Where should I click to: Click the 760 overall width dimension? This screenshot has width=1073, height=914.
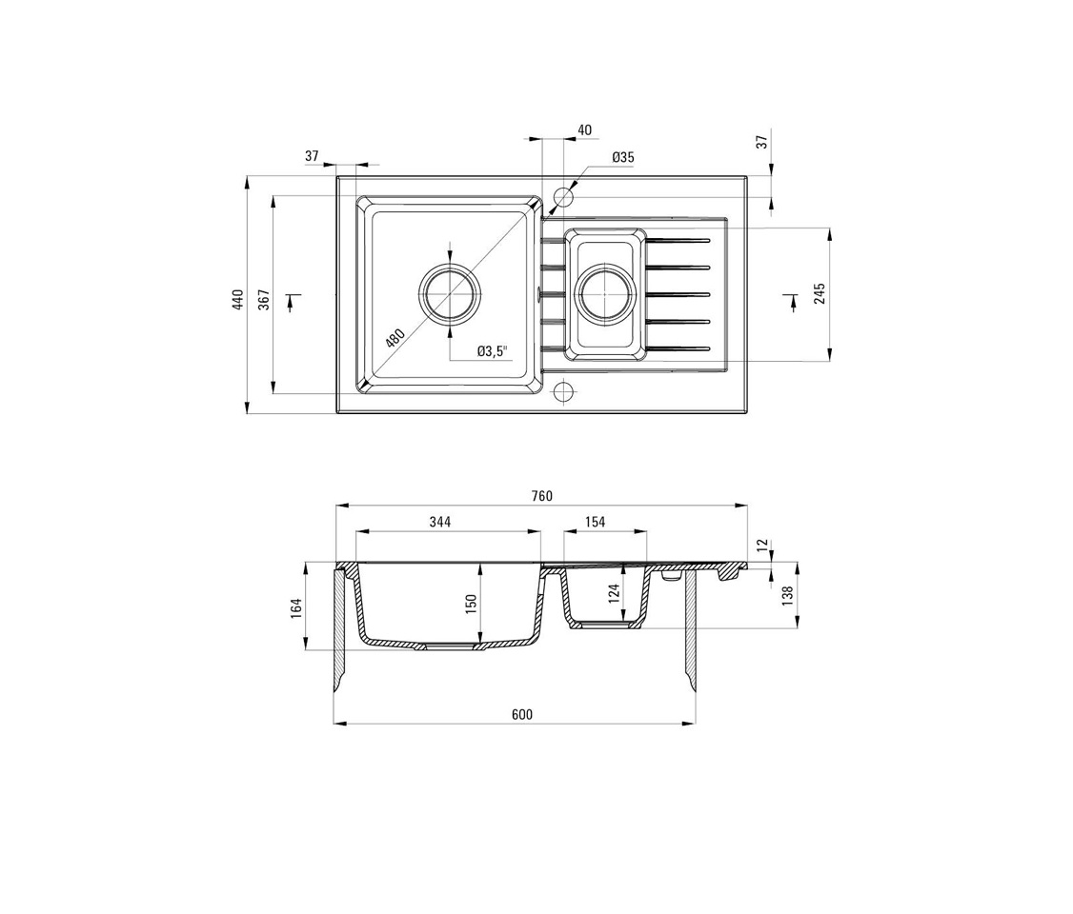point(541,496)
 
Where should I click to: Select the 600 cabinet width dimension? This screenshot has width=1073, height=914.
point(521,714)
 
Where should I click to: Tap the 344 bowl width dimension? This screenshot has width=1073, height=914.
point(440,522)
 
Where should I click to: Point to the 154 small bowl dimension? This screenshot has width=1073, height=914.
point(596,522)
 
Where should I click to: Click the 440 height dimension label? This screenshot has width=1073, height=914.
point(238,300)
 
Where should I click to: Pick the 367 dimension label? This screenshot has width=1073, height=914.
point(264,300)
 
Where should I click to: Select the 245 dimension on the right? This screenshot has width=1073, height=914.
point(820,293)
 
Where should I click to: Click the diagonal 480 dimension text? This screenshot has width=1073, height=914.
point(395,338)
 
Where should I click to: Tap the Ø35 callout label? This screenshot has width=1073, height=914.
point(623,157)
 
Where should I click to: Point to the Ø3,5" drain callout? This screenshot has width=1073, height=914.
point(493,351)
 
